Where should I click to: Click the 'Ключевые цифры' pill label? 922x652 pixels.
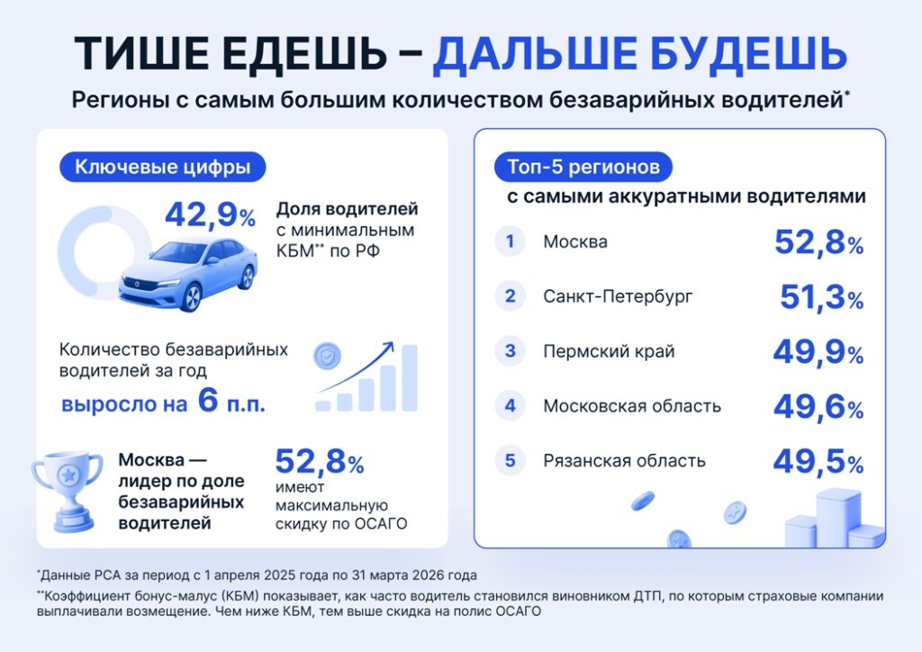tap(162, 167)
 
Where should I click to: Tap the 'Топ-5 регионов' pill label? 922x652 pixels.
tap(583, 167)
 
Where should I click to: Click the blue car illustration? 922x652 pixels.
tap(188, 274)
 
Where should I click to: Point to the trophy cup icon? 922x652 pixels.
tap(68, 492)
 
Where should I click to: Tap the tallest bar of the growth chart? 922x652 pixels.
tap(410, 377)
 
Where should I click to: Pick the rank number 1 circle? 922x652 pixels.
tap(510, 241)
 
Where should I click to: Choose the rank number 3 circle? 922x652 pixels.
tap(510, 351)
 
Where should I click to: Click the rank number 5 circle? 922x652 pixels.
tap(510, 460)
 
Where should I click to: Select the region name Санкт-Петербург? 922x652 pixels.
tap(618, 296)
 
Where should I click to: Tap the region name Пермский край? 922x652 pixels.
tap(609, 351)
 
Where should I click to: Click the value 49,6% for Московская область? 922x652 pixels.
tap(818, 406)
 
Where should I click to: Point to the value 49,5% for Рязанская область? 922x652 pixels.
tap(818, 461)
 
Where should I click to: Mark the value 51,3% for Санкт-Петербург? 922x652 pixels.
tap(822, 297)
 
